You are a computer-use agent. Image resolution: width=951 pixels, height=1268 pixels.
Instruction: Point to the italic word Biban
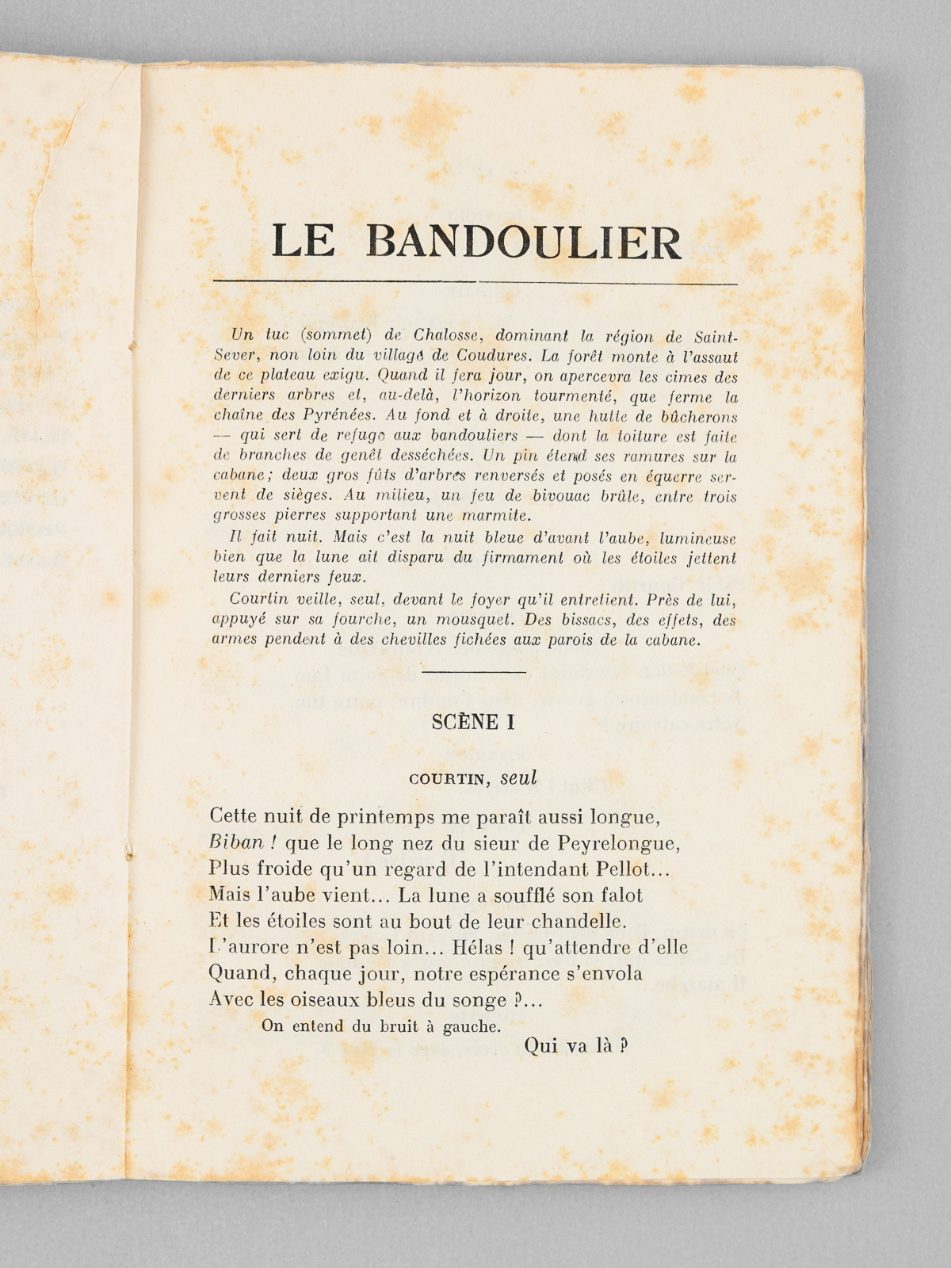pos(235,842)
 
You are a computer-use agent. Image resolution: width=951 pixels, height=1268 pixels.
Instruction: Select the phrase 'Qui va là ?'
pos(576,1046)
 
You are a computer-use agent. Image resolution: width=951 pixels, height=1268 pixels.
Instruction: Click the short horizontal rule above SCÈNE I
pos(475,672)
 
